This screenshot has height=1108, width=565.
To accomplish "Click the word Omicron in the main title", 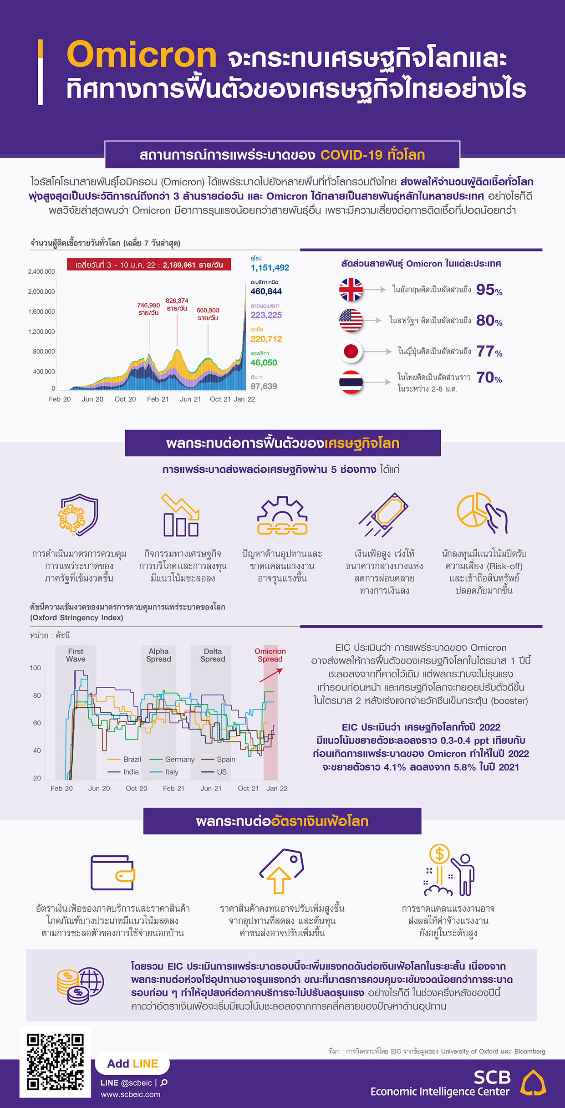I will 142,55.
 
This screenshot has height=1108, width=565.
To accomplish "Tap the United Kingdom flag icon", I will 351,290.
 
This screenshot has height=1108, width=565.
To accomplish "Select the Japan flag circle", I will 351,352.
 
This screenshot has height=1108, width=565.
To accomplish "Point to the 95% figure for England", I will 489,290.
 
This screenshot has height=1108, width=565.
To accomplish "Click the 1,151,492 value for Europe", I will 270,268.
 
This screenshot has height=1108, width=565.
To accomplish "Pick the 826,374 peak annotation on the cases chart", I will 177,304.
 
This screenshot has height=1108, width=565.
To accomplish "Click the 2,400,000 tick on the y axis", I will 41,271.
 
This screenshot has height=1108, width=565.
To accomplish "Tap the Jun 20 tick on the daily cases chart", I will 92,399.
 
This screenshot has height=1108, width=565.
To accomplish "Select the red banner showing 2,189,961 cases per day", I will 149,265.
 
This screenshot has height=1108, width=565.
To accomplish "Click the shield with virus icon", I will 79,515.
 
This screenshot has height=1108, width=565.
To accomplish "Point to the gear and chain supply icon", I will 282,516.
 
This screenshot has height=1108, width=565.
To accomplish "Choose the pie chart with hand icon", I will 482,513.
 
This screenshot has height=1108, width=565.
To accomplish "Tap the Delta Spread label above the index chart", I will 213,655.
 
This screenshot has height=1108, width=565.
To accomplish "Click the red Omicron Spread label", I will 270,655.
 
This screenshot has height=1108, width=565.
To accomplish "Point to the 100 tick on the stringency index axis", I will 35,668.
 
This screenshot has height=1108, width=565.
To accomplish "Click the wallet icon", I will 113,873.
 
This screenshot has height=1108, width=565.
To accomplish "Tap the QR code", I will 55,1062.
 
